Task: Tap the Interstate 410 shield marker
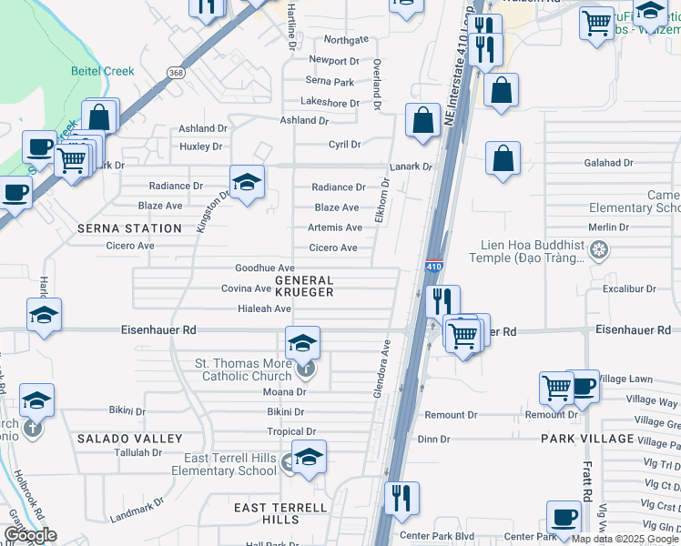tap(434, 266)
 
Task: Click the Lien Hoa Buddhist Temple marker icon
tap(598, 249)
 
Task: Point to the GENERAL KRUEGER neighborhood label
tap(304, 287)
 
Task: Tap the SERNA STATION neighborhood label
tap(129, 228)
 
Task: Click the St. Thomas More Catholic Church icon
tap(307, 369)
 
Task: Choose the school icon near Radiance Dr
tap(247, 183)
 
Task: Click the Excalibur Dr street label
tap(628, 288)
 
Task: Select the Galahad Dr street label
tap(610, 163)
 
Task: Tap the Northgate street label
tap(346, 40)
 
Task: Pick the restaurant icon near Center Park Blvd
tap(401, 500)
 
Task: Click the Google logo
tap(30, 535)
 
